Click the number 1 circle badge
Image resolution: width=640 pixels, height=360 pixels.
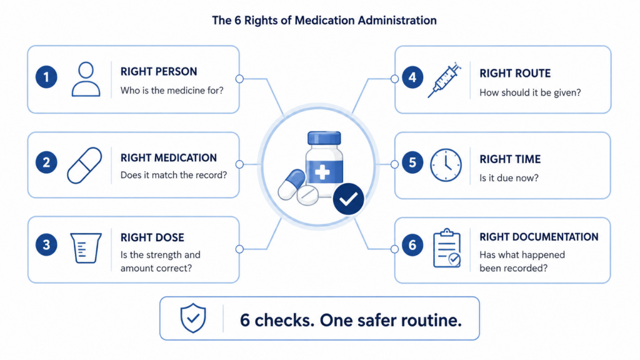(x=46, y=77)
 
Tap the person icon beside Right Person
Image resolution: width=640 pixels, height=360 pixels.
(x=86, y=79)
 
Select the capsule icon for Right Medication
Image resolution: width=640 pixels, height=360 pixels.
(x=84, y=165)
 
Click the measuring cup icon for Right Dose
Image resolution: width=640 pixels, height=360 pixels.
(x=86, y=247)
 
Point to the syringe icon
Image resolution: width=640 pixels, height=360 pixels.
(x=444, y=81)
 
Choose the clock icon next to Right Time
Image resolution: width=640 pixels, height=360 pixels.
(x=446, y=165)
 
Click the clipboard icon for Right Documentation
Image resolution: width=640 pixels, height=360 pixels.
(x=447, y=248)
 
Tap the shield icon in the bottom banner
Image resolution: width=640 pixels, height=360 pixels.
(x=193, y=318)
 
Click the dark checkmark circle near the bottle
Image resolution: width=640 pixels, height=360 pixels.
(x=348, y=199)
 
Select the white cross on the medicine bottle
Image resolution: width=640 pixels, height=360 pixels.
(x=322, y=172)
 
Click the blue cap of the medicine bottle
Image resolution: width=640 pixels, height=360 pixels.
(x=324, y=138)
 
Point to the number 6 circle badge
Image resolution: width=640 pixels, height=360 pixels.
(x=412, y=245)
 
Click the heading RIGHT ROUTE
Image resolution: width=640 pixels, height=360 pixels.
(x=515, y=74)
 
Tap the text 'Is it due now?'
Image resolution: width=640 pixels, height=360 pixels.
(x=509, y=178)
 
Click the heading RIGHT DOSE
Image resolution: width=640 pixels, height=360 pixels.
(x=152, y=237)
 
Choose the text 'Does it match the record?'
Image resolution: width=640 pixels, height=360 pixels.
(x=174, y=175)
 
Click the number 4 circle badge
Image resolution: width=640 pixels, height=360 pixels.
(x=412, y=77)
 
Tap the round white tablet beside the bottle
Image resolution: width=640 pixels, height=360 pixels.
(x=307, y=195)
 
